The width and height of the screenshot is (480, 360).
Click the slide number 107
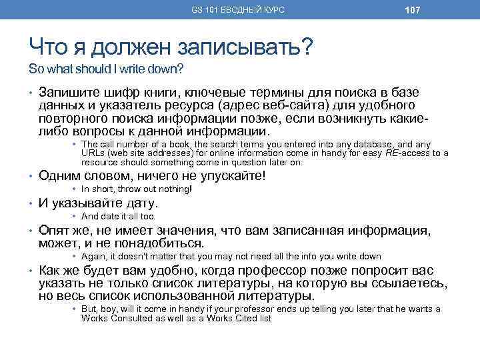411,9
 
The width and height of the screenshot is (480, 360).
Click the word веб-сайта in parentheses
290,105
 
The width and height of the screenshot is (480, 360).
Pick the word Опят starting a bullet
55,231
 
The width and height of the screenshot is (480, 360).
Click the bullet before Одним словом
31,177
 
